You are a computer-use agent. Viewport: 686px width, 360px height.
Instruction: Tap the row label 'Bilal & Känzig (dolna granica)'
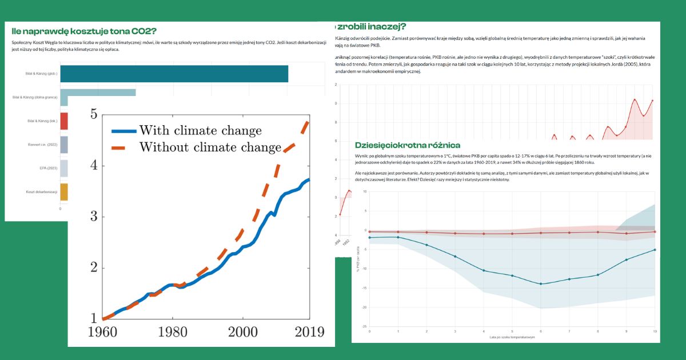click(x=35, y=98)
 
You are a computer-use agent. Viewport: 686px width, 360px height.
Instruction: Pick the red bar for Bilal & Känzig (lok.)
click(x=64, y=121)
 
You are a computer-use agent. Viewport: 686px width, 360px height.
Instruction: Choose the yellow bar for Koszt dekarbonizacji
click(x=64, y=191)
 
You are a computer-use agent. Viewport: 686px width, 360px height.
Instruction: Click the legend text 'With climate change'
click(x=200, y=130)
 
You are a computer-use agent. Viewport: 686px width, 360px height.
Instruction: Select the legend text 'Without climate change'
click(x=210, y=147)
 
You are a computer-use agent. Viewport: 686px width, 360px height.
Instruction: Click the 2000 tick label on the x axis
click(x=242, y=332)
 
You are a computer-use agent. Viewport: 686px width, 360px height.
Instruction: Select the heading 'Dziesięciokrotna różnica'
click(x=407, y=146)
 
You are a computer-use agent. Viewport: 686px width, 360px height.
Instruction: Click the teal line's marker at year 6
click(x=541, y=284)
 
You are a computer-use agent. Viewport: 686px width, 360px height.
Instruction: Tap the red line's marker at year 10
click(x=655, y=231)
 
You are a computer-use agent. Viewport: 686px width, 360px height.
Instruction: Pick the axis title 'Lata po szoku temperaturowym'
click(x=511, y=337)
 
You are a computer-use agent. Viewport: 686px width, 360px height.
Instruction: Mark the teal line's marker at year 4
click(x=484, y=270)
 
